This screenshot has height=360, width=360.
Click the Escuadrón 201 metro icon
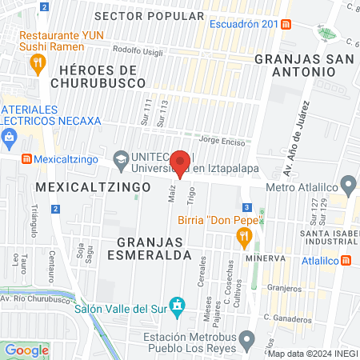coord(286,24)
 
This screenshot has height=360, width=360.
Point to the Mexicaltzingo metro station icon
coord(26,159)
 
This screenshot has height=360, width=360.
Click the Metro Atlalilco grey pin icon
coord(347,183)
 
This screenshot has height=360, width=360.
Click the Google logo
coord(26,350)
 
